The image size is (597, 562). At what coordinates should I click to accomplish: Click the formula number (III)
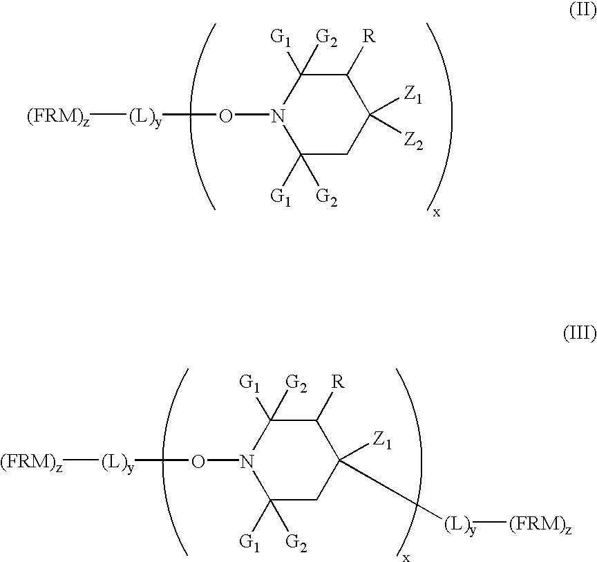pos(579,335)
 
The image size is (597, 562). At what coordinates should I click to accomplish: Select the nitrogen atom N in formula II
pos(278,115)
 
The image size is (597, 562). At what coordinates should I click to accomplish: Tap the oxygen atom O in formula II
pos(225,115)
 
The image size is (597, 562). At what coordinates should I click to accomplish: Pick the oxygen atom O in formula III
pos(198,460)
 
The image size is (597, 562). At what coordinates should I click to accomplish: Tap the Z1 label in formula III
pos(383,440)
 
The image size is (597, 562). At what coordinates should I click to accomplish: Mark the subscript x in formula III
pos(406,557)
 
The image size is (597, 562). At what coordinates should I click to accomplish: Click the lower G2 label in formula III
pos(295,541)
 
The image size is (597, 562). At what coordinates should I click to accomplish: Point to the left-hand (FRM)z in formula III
pos(32,461)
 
